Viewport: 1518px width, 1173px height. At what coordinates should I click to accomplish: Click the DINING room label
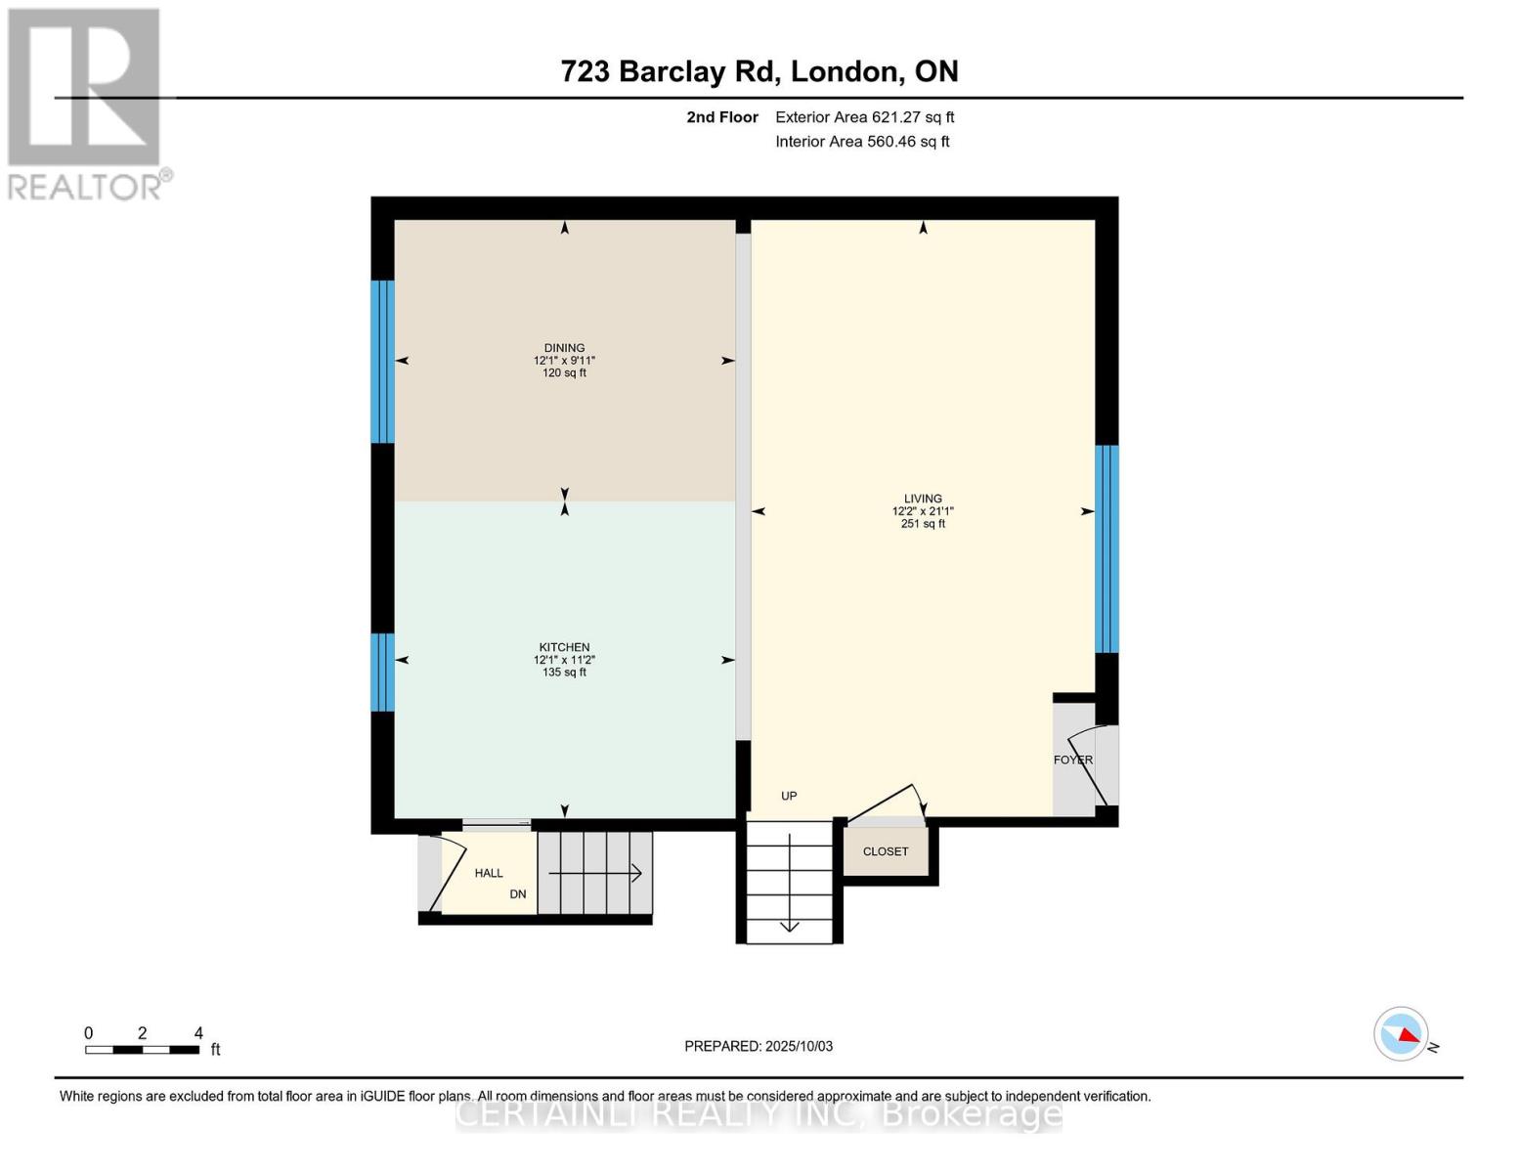pyautogui.click(x=564, y=348)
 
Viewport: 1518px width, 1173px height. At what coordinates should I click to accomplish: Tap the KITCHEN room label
pyautogui.click(x=564, y=647)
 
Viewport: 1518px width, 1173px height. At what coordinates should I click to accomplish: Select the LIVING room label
pyautogui.click(x=922, y=499)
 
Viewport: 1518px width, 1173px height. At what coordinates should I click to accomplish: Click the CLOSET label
pyautogui.click(x=886, y=851)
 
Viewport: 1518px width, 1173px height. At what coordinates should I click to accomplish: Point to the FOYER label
pyautogui.click(x=1072, y=760)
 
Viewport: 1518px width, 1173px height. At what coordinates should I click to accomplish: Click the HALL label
pyautogui.click(x=489, y=873)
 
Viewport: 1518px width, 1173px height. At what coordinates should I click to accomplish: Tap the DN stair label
pyautogui.click(x=518, y=894)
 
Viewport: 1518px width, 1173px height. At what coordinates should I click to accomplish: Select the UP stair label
pyautogui.click(x=789, y=796)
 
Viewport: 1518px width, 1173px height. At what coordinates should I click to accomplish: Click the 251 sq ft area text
pyautogui.click(x=922, y=524)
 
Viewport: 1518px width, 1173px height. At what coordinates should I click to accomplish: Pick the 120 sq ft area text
pyautogui.click(x=564, y=373)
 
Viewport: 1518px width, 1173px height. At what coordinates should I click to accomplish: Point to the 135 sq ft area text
pyautogui.click(x=564, y=673)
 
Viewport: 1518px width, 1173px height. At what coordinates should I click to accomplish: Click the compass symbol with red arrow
pyautogui.click(x=1402, y=1033)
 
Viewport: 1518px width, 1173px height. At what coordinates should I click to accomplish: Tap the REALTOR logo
pyautogui.click(x=86, y=104)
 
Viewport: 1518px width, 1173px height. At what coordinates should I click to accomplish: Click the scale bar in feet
pyautogui.click(x=143, y=1049)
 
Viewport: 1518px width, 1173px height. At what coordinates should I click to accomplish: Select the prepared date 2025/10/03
pyautogui.click(x=759, y=1046)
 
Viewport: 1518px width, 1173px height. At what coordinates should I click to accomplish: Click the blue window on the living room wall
pyautogui.click(x=1106, y=548)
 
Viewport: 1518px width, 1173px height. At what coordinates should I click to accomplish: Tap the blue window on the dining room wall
pyautogui.click(x=382, y=362)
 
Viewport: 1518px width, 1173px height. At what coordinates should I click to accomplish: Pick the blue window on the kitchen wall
pyautogui.click(x=382, y=672)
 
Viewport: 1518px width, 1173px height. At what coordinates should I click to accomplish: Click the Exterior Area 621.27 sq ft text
pyautogui.click(x=864, y=117)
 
